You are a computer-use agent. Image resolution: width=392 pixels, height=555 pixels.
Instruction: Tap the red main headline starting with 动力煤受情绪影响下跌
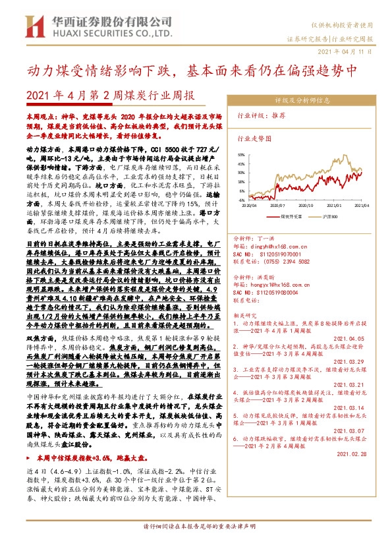[195, 69]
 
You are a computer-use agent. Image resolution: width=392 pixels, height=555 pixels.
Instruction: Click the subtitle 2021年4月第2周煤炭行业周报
[110, 95]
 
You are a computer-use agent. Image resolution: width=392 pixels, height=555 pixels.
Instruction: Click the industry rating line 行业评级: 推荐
[261, 115]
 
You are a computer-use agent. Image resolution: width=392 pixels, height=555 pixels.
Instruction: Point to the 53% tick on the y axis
[242, 156]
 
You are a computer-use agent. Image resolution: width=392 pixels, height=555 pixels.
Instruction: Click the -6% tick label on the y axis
[242, 200]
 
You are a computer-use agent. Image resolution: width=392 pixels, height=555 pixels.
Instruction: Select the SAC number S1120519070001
[276, 254]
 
